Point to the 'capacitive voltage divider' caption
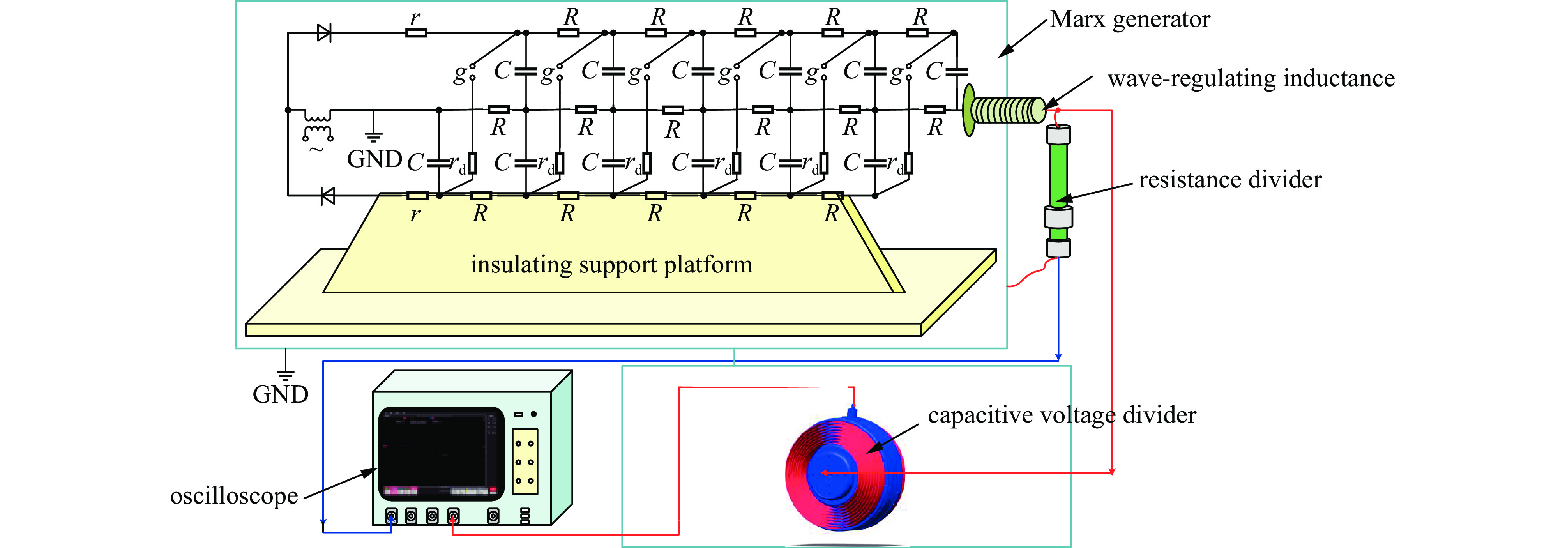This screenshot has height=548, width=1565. click(x=1062, y=415)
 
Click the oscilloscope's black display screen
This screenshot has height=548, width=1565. click(x=440, y=453)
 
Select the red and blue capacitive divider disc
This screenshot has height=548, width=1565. click(x=844, y=474)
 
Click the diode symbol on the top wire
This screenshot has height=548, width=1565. click(x=325, y=33)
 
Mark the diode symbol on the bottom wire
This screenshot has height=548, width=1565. click(x=327, y=196)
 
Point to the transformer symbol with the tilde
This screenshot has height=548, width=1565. click(x=318, y=128)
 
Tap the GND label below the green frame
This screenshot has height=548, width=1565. click(x=280, y=395)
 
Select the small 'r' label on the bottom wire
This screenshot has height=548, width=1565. click(x=415, y=214)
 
